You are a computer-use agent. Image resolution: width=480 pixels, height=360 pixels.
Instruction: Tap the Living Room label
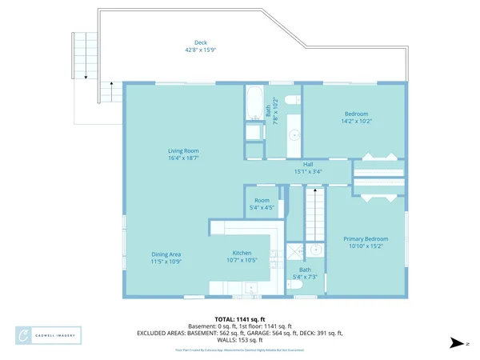tap(183, 150)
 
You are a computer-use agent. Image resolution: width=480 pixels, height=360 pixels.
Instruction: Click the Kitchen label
tap(242, 252)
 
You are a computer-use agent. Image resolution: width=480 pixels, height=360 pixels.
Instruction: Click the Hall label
tap(308, 164)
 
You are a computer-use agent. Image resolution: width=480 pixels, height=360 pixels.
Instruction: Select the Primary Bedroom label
tap(366, 239)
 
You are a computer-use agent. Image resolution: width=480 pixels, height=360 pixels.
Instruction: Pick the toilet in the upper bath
tap(291, 99)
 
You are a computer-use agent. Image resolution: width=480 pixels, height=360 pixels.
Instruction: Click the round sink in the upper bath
tap(294, 134)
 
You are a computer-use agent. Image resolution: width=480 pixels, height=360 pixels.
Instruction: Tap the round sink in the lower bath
tap(316, 250)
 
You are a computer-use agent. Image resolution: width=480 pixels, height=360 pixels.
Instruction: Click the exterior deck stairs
tap(79, 56)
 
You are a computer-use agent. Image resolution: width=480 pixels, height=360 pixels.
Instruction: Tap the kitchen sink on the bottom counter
tap(250, 286)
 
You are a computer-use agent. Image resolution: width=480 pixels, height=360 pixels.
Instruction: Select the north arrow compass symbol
tap(457, 343)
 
